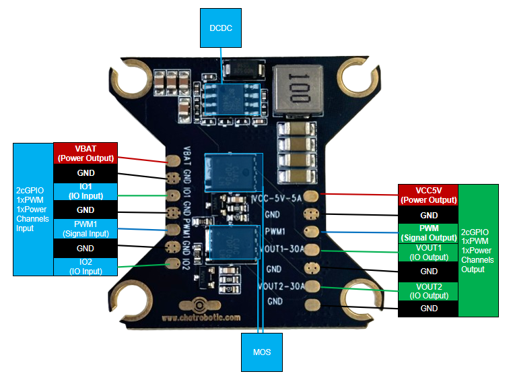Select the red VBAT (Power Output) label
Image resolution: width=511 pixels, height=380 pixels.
click(86, 153)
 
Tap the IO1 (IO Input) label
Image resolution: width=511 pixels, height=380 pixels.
click(86, 191)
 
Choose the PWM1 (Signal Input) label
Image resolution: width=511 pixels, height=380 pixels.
click(86, 228)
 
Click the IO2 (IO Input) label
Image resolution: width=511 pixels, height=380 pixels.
click(86, 266)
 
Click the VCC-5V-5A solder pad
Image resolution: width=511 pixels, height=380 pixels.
click(312, 197)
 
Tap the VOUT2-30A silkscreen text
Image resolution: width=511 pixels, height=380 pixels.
click(281, 286)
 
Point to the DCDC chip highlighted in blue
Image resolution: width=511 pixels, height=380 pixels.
click(230, 98)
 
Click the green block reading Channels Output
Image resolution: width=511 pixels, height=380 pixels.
click(478, 250)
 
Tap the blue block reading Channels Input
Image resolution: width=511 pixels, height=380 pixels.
click(33, 209)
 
